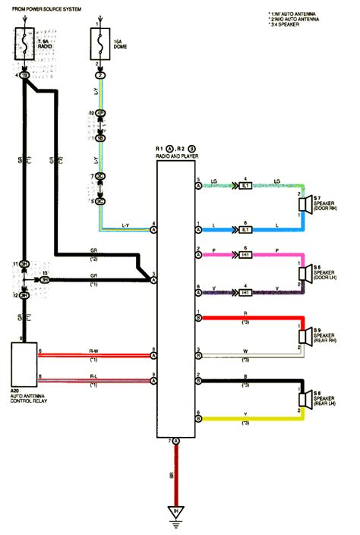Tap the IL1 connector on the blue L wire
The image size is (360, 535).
245,228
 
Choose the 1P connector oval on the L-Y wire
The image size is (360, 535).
99,113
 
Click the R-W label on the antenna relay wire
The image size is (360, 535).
93,350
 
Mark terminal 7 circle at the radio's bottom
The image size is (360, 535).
176,440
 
